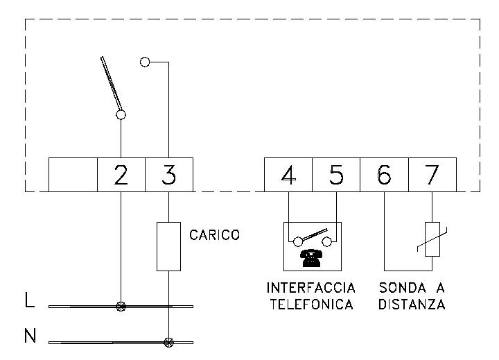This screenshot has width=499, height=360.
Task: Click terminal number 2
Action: [x=121, y=175]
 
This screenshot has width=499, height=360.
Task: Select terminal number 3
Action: [x=168, y=175]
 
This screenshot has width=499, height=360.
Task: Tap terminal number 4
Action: [x=289, y=175]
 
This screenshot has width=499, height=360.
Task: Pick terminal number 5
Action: [x=336, y=175]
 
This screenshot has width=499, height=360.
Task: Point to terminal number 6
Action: [x=384, y=175]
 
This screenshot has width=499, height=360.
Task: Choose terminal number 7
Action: [x=432, y=175]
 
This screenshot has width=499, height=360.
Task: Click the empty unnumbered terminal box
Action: [x=73, y=175]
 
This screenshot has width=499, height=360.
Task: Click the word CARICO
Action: [x=214, y=235]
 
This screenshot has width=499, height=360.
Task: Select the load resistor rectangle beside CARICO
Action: [x=168, y=246]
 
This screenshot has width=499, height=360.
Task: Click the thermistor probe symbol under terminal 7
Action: [x=432, y=239]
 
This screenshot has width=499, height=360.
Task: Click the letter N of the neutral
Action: [x=30, y=337]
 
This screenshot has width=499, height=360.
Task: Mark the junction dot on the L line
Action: [x=121, y=305]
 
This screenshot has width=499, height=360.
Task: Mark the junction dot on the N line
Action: [x=168, y=342]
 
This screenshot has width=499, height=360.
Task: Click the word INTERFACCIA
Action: [x=310, y=287]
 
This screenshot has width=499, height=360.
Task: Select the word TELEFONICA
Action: [x=310, y=304]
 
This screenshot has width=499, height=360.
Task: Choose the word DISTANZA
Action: [x=412, y=304]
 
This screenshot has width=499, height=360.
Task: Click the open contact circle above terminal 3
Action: [x=145, y=62]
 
